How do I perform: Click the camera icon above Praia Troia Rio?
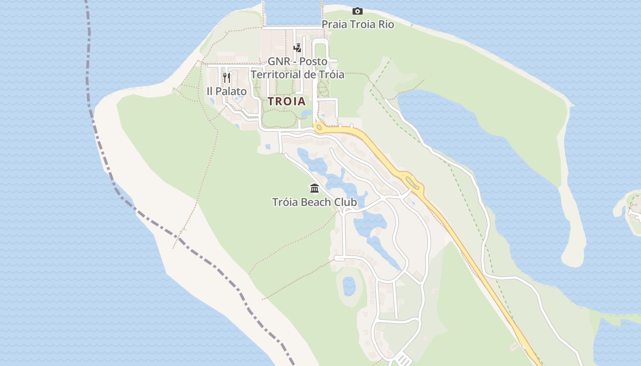point(358,11)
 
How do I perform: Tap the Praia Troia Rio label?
point(358,24)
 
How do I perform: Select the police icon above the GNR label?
point(297,48)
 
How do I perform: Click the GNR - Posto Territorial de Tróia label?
point(297,68)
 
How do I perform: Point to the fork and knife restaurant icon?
point(227,78)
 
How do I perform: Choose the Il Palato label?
point(227,91)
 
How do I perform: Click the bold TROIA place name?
point(287,102)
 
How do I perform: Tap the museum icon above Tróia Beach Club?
point(315,188)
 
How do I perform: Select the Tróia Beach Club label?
point(314,202)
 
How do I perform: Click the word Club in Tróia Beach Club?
point(345,202)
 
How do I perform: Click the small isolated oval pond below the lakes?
point(349,286)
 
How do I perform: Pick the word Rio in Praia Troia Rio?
point(386,24)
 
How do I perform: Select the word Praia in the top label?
point(334,24)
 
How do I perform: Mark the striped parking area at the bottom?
point(403,360)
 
